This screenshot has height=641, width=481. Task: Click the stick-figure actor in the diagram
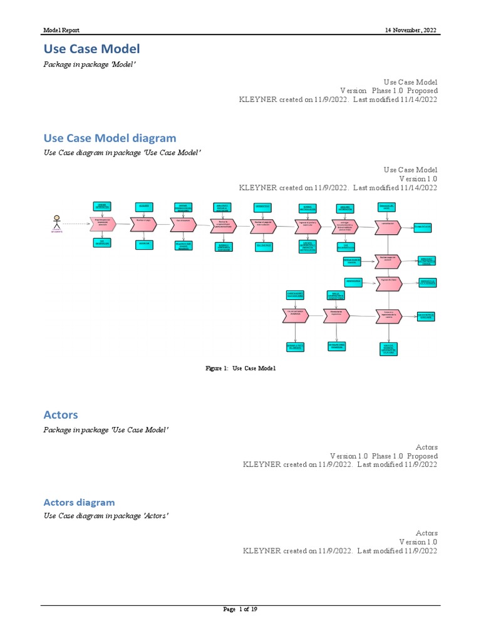point(57,222)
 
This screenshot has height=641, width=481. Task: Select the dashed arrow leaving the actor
point(76,223)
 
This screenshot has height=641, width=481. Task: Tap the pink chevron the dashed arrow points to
point(102,223)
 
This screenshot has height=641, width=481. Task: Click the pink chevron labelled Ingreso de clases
point(388,283)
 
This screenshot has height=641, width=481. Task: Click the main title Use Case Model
point(91,49)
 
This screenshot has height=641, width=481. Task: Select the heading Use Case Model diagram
point(110,138)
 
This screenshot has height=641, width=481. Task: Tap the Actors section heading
point(61,414)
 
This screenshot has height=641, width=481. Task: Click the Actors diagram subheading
point(79,502)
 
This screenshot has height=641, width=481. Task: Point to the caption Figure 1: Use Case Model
point(240,369)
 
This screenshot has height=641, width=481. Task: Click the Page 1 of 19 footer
point(240,610)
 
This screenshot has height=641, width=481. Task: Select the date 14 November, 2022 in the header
point(411,30)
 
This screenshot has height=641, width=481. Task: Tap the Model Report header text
point(61,30)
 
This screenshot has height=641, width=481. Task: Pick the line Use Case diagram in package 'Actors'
point(106,515)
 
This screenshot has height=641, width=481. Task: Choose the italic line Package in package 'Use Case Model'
point(106,429)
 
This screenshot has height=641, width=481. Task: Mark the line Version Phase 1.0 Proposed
point(388,91)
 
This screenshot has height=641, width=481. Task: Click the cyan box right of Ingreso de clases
point(427,283)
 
